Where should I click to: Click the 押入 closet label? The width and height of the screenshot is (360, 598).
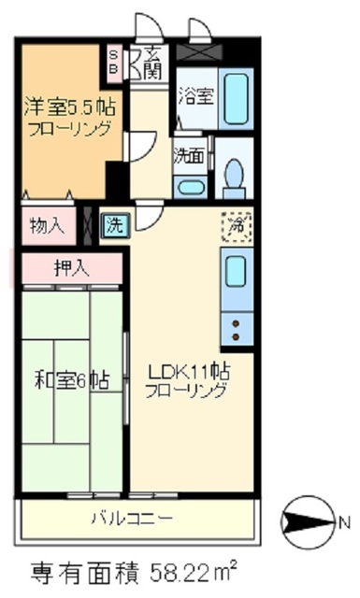point(71,267)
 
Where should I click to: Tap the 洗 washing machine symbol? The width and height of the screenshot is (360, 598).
point(114,225)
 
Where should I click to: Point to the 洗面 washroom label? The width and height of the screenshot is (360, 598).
point(189,155)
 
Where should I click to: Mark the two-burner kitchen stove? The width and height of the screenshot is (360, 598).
point(234,328)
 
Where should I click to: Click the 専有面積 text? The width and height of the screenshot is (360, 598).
point(79,570)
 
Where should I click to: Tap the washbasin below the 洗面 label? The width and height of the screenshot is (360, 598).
point(191,184)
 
